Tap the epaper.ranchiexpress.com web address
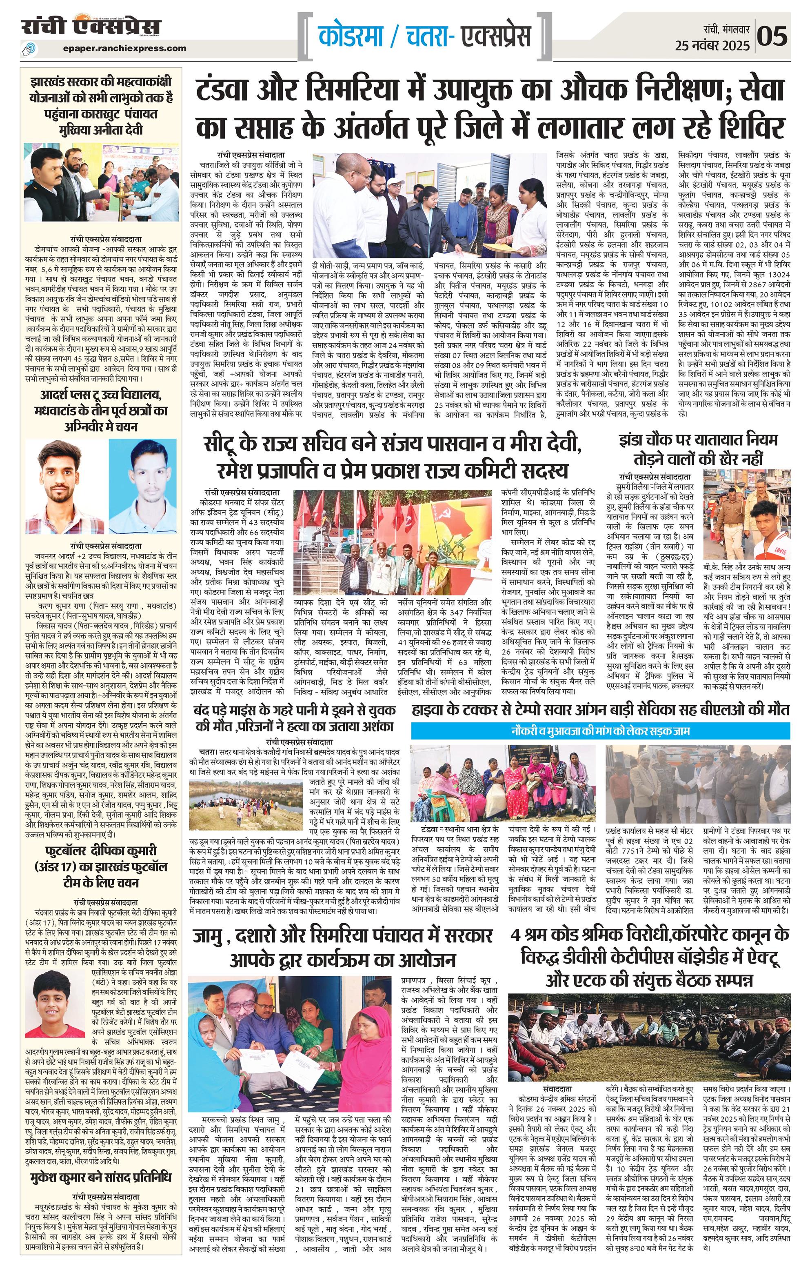pos(124,48)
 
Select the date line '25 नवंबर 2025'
pos(712,46)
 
